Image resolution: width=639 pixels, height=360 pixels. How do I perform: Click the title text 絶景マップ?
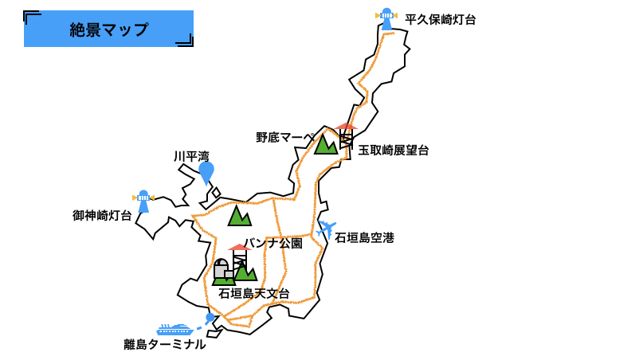coord(109,30)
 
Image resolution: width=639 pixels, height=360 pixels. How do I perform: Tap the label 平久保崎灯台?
coord(440,20)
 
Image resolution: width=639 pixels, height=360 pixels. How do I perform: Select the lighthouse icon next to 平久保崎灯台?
coord(386,18)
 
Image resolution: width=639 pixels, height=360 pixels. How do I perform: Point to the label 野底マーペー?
coord(285,138)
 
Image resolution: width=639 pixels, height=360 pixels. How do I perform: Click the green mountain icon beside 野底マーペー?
coord(326,144)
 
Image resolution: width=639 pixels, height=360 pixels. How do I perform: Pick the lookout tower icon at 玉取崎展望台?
coord(346,135)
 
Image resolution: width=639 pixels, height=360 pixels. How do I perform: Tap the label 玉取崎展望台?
coord(394,151)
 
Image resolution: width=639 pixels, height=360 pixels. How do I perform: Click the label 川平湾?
coord(191,157)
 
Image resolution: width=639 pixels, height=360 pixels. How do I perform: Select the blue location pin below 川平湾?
coord(206,172)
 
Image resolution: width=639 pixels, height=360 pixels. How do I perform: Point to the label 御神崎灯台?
coord(102,216)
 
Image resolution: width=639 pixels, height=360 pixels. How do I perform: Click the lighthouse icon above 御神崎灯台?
coord(143,201)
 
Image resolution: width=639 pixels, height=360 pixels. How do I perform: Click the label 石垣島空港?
coord(364,238)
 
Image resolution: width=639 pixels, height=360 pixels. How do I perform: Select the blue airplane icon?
coord(326,229)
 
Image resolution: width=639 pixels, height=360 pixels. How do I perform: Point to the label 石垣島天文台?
coord(254,294)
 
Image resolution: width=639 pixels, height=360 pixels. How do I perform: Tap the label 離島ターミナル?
coord(165,345)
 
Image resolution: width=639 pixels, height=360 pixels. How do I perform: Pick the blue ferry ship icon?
coord(174,329)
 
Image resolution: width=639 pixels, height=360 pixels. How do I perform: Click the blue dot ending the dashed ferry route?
coord(210,318)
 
